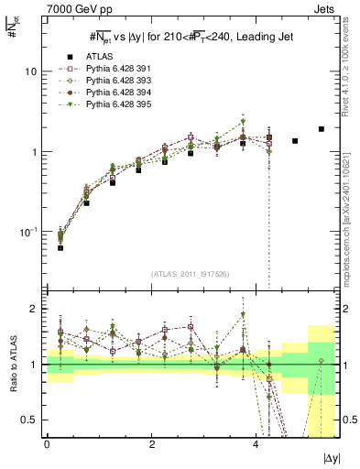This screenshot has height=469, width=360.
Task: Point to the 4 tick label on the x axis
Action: [x=258, y=443]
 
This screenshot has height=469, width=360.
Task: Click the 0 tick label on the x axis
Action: [x=47, y=443]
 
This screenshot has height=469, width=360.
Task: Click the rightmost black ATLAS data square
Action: [x=322, y=129]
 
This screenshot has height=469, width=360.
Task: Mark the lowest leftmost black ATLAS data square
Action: [x=60, y=247]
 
